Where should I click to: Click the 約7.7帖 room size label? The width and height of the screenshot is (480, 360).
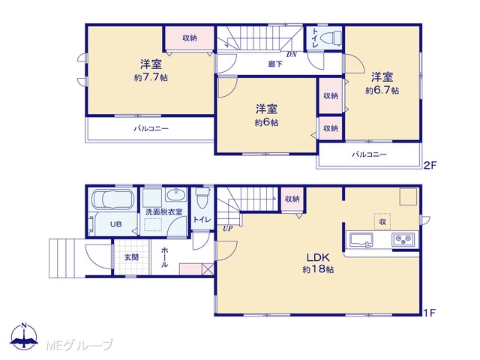tap(151, 77)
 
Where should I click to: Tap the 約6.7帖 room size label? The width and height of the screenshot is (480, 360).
tap(382, 91)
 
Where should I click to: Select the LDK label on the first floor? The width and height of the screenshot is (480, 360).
tap(318, 257)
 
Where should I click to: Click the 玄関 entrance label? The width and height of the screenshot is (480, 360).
tap(131, 257)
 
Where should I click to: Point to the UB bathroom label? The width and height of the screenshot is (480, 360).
tap(116, 224)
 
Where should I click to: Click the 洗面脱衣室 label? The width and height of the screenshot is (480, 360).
tap(163, 211)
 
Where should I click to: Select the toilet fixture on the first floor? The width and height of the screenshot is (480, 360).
tap(202, 197)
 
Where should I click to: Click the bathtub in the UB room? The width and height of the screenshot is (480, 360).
tap(112, 199)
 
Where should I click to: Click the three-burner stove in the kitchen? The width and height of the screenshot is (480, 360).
tap(403, 239)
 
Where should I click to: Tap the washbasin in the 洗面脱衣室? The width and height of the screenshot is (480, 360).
tap(175, 195)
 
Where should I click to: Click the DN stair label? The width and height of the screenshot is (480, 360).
tap(292, 55)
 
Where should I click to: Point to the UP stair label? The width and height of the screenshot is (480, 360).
tap(227, 228)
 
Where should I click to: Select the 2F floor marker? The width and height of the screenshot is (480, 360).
tap(430, 166)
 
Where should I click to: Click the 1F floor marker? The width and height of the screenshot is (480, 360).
tap(430, 313)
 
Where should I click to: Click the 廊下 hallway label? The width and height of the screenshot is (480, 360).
tap(275, 64)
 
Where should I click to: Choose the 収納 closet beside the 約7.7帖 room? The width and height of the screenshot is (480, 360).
tap(190, 38)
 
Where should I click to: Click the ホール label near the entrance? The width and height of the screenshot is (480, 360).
tap(164, 257)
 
